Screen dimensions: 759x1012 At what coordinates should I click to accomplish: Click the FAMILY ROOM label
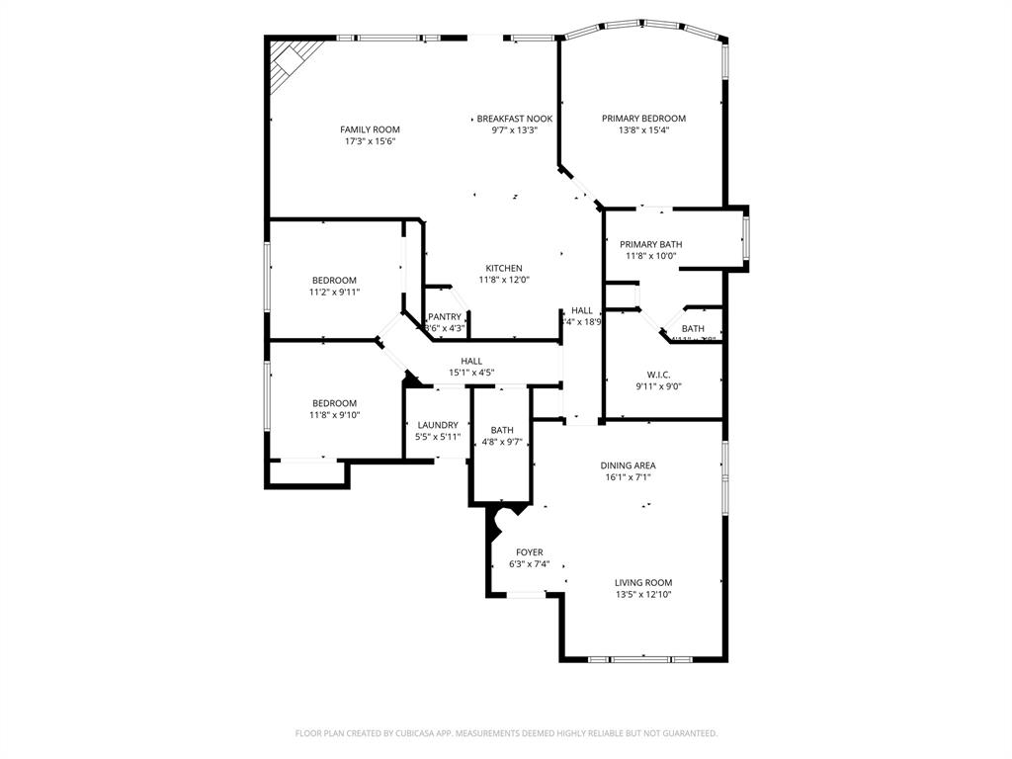(x=370, y=129)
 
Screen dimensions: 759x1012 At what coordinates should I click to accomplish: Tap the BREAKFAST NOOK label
(x=514, y=119)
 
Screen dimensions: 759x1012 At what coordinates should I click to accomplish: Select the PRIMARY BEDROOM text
(x=643, y=119)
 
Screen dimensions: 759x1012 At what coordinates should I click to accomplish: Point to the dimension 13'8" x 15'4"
(x=643, y=130)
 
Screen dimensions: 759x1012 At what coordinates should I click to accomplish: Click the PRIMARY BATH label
(x=650, y=244)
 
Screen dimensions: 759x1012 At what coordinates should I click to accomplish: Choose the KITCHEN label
(x=504, y=268)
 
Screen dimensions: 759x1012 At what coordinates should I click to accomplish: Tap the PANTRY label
(x=445, y=316)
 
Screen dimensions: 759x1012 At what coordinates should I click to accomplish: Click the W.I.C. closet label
(x=659, y=375)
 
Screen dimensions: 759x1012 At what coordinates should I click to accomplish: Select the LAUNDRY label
(x=437, y=425)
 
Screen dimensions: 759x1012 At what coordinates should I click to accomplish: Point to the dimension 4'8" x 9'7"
(x=502, y=442)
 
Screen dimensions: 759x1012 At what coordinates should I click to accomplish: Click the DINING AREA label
(x=628, y=465)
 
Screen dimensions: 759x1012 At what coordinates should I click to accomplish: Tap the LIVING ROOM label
(x=643, y=583)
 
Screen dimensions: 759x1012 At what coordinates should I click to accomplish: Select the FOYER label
(x=530, y=552)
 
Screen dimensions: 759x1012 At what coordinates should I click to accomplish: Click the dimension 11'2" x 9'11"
(x=334, y=292)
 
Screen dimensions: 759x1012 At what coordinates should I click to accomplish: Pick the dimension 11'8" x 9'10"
(x=334, y=415)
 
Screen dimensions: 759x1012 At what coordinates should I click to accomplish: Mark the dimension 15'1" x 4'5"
(x=471, y=373)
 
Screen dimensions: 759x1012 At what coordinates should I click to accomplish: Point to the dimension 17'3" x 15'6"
(x=370, y=141)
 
